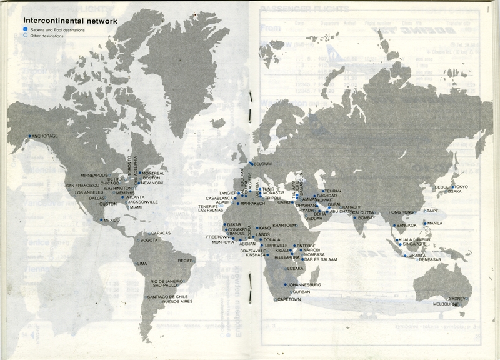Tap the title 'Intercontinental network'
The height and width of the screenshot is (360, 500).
click(70, 21)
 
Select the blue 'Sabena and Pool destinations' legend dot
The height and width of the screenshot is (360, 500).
click(25, 30)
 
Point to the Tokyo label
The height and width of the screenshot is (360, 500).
click(461, 187)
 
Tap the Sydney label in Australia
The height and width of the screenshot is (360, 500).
click(458, 299)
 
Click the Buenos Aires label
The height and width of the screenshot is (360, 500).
click(176, 302)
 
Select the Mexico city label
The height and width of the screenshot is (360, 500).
click(111, 220)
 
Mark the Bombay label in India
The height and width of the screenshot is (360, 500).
click(367, 217)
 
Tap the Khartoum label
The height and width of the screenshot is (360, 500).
click(284, 225)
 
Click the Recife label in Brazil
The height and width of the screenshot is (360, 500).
click(186, 261)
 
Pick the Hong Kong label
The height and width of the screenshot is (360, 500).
click(401, 212)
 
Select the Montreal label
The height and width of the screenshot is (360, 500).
click(153, 173)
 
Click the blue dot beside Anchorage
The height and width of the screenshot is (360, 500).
click(29, 136)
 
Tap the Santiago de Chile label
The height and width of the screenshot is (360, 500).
click(168, 297)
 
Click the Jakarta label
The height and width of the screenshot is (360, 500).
click(417, 255)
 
